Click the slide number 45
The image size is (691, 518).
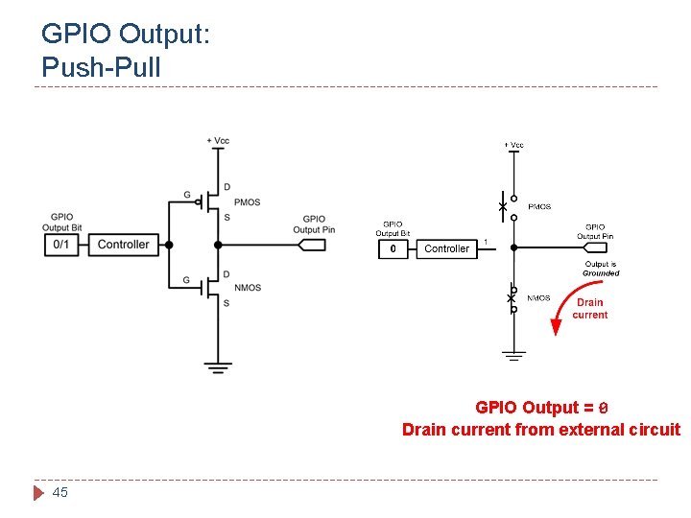(60, 492)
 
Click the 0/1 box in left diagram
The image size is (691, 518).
(60, 245)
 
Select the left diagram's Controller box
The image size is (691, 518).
(123, 245)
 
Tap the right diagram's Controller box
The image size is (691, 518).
(446, 249)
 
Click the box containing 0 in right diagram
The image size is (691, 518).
(392, 249)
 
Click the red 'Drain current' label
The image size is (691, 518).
(589, 309)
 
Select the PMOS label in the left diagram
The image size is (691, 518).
(248, 202)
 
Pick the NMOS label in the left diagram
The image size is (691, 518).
(248, 288)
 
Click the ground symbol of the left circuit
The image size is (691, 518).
(218, 366)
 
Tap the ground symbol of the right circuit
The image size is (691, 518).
(514, 355)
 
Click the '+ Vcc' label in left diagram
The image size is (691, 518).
(218, 141)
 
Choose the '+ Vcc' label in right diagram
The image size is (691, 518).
(514, 145)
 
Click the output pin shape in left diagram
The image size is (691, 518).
(313, 245)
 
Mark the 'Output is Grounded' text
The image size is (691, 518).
(601, 269)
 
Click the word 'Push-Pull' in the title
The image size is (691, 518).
(102, 67)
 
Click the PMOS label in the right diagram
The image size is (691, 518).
(539, 206)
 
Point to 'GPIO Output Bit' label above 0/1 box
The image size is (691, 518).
(60, 222)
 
